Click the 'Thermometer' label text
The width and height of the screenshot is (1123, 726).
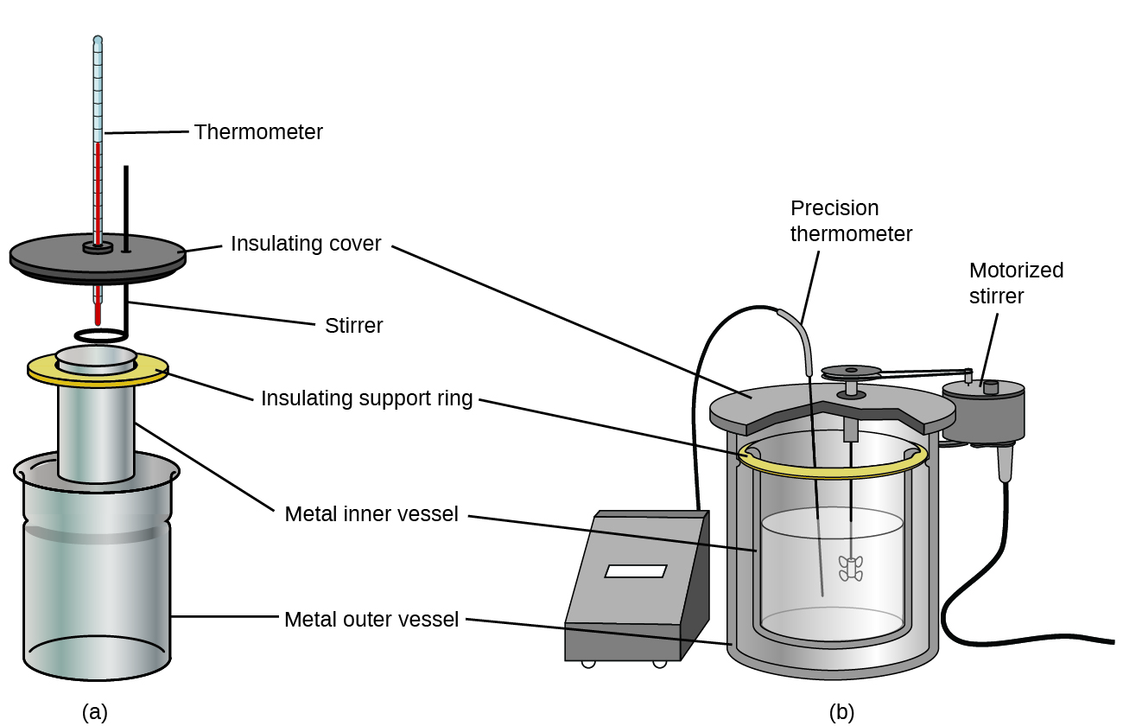click(x=258, y=132)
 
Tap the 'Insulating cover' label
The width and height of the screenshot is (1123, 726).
click(x=306, y=244)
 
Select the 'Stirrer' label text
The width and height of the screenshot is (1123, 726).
click(x=353, y=326)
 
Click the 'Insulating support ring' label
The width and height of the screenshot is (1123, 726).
click(x=367, y=398)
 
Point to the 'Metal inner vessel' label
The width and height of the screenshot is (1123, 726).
click(x=371, y=514)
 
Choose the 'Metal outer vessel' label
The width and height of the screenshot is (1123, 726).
click(x=371, y=620)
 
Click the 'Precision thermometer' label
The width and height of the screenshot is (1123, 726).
click(x=851, y=220)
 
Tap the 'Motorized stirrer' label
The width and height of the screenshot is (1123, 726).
click(x=1016, y=283)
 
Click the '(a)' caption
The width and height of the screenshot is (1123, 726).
click(x=95, y=712)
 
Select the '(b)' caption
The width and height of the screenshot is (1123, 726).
click(x=841, y=712)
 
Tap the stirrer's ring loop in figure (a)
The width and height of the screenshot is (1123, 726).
click(x=102, y=335)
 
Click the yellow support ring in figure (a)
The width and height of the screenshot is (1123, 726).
click(x=39, y=370)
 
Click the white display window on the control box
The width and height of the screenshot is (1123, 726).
click(x=636, y=571)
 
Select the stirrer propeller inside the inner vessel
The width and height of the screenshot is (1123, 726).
click(x=851, y=569)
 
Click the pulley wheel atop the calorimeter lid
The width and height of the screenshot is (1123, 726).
click(x=851, y=372)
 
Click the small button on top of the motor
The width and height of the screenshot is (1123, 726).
click(x=991, y=387)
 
